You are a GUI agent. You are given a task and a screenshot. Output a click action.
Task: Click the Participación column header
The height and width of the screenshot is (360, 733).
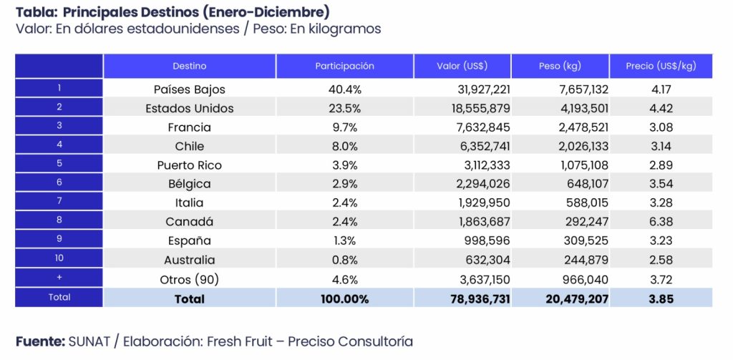344,66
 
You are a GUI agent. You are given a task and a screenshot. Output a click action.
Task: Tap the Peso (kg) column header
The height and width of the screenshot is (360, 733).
559,66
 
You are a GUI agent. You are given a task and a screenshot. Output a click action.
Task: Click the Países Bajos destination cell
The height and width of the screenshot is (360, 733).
189,89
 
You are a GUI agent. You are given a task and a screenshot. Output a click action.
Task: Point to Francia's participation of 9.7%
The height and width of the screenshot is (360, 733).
344,127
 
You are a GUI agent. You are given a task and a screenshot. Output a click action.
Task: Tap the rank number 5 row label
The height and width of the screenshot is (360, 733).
59,165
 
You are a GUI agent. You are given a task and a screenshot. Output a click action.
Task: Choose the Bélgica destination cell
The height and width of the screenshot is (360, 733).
189,184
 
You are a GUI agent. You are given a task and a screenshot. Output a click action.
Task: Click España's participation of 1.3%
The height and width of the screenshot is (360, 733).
344,241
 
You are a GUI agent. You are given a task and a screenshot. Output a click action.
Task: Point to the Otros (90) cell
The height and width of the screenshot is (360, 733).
189,279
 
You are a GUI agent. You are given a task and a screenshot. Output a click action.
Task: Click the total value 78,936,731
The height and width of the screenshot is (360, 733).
475,298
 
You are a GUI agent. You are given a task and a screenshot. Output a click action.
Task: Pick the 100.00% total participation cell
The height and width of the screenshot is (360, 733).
344,298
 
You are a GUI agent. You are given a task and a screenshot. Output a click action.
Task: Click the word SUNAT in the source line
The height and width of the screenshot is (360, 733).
90,341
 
